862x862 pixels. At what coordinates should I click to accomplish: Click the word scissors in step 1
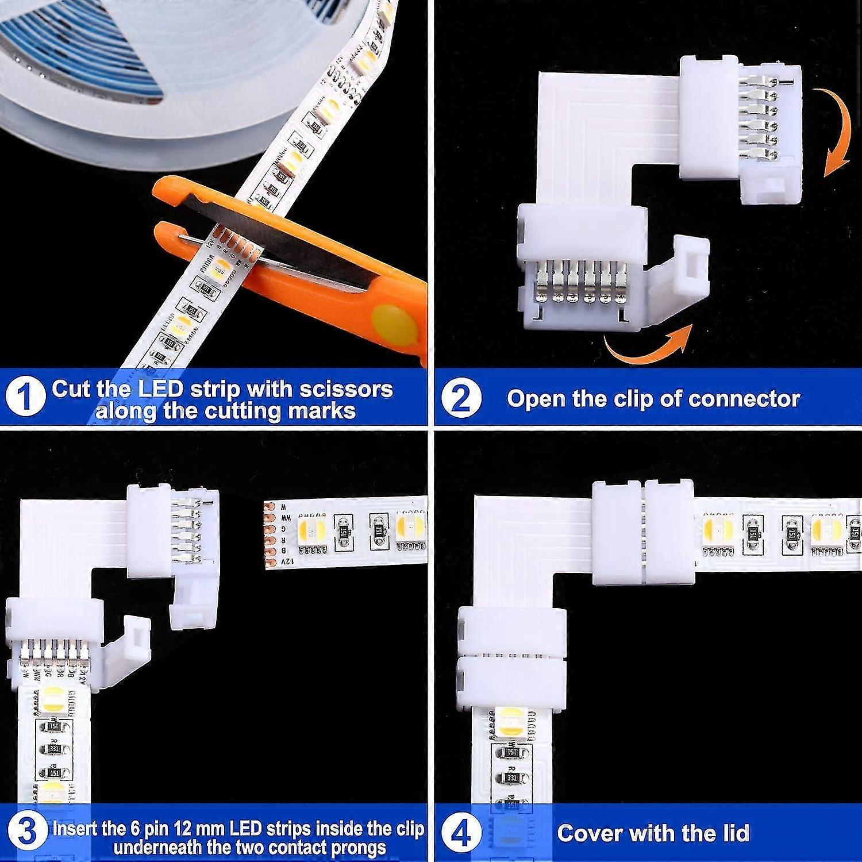coord(348,389)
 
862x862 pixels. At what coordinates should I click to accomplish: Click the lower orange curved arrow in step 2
coord(646,346)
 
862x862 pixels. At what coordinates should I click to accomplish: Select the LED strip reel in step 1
coord(86,75)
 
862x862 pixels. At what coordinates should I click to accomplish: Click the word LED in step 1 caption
coord(161,389)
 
